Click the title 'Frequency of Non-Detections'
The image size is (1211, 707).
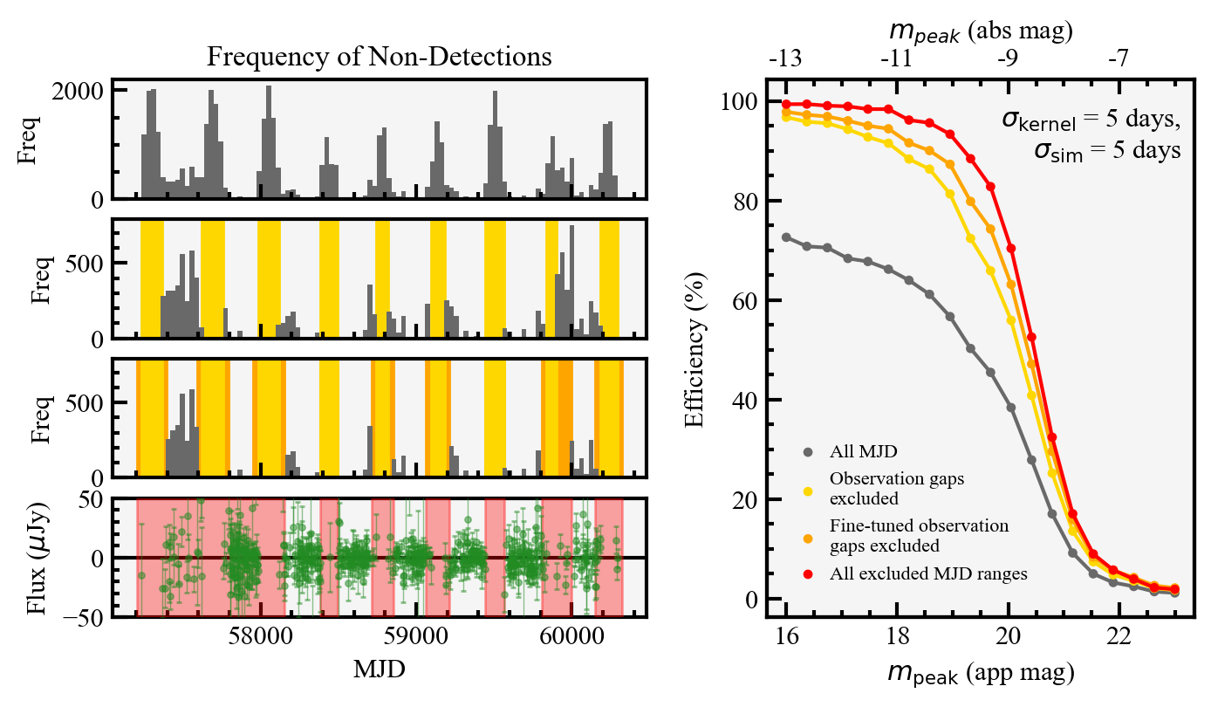[379, 57]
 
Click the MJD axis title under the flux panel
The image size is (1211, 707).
[379, 669]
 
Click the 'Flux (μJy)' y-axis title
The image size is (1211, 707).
[39, 558]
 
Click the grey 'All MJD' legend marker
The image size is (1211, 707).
[808, 452]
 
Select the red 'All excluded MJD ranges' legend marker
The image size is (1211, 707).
[808, 574]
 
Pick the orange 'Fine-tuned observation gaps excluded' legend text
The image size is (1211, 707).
[919, 536]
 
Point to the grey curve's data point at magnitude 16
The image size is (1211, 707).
[786, 237]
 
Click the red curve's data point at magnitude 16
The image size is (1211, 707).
[786, 105]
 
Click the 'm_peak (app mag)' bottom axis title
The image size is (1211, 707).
[981, 673]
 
